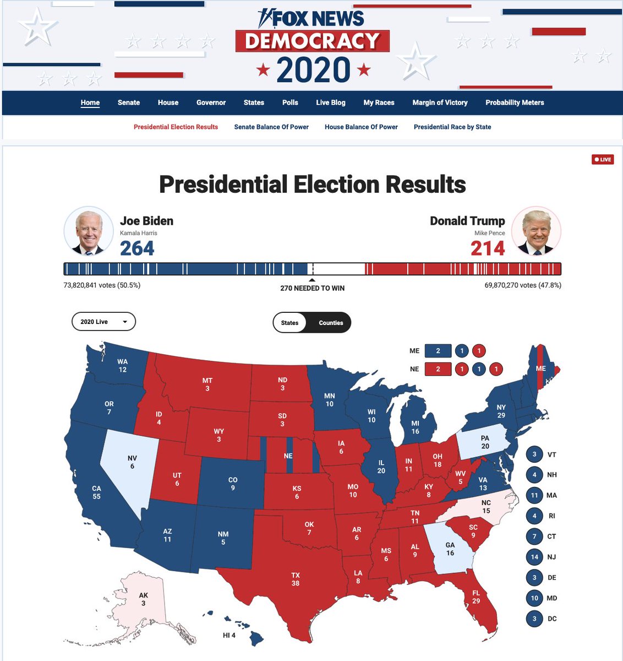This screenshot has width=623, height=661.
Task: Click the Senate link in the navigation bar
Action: (129, 102)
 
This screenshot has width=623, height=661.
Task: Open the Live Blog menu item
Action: (331, 102)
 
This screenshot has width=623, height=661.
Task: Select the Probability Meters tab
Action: (515, 102)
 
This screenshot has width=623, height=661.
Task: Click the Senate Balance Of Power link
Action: (271, 127)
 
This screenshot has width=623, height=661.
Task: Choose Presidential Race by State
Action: (452, 127)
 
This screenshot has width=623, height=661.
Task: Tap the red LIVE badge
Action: (603, 159)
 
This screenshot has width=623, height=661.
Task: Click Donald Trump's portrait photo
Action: (536, 232)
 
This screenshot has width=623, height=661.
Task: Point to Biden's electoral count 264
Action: (137, 248)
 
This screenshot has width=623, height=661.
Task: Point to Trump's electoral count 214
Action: (488, 248)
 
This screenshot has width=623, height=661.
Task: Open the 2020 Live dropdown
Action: (103, 322)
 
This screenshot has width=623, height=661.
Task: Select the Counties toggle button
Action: (331, 323)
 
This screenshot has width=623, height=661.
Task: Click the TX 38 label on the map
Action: (296, 579)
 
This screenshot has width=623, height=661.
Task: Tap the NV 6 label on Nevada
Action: (132, 462)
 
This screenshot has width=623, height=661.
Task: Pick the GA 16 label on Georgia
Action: (450, 549)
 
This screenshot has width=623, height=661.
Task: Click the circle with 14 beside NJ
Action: (534, 557)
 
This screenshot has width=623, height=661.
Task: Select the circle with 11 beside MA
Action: (534, 495)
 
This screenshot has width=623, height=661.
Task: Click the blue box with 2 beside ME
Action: (438, 351)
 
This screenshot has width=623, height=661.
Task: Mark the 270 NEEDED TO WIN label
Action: (312, 288)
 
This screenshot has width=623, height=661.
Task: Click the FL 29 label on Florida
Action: (476, 597)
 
